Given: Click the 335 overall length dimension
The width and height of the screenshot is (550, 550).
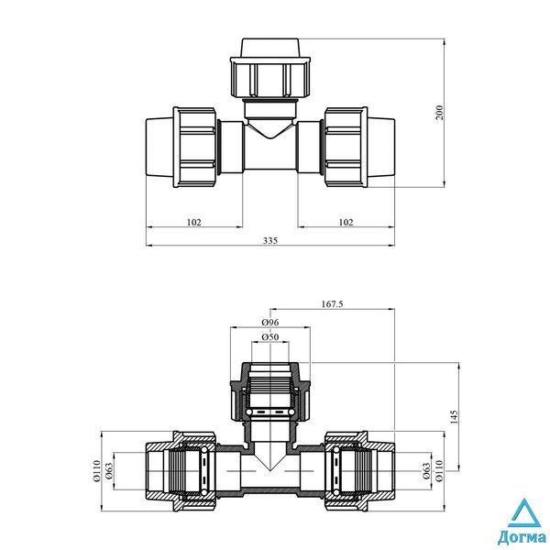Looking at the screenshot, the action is click(270, 240).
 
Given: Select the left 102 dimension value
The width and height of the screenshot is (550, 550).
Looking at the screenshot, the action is click(194, 222).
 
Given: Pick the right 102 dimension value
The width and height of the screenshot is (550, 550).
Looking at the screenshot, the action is click(346, 222).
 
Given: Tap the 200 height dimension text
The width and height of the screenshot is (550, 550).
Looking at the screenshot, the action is click(439, 112).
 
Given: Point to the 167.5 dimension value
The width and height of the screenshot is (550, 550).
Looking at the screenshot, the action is click(332, 303).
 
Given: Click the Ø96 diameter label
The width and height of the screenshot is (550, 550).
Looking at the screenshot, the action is click(270, 322).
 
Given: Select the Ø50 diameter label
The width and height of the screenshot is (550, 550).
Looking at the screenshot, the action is click(270, 337).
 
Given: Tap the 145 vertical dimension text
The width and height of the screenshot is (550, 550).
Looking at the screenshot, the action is click(454, 417).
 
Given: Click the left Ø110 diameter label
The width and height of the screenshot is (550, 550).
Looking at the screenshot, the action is click(97, 470).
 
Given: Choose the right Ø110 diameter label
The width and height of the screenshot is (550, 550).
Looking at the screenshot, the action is click(439, 470).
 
